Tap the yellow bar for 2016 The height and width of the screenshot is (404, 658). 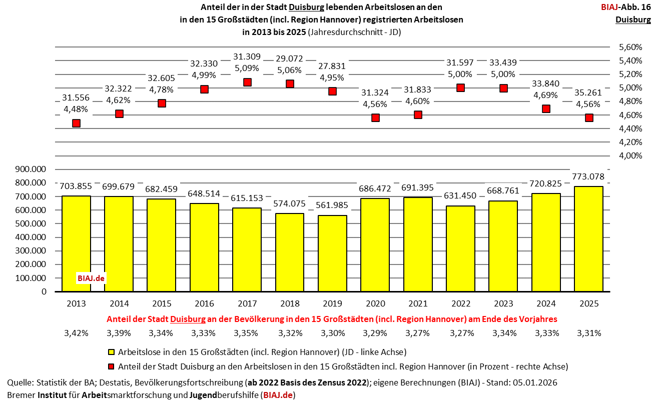204,247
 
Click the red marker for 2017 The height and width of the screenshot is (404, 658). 247,82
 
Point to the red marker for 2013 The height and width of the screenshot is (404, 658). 76,123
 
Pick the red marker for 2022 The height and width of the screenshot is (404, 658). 461,88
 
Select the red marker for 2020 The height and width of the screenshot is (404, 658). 375,118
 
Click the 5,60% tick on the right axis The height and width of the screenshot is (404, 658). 630,47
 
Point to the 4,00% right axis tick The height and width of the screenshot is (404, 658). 630,155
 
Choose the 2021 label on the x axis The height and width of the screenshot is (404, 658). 418,303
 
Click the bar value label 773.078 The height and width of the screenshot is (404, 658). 589,177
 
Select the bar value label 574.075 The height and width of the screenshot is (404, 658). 290,204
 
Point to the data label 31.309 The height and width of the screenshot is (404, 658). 247,57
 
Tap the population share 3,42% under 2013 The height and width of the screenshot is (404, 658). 76,333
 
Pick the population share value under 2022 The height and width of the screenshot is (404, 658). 461,333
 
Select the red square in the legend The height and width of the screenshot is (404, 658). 112,366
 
